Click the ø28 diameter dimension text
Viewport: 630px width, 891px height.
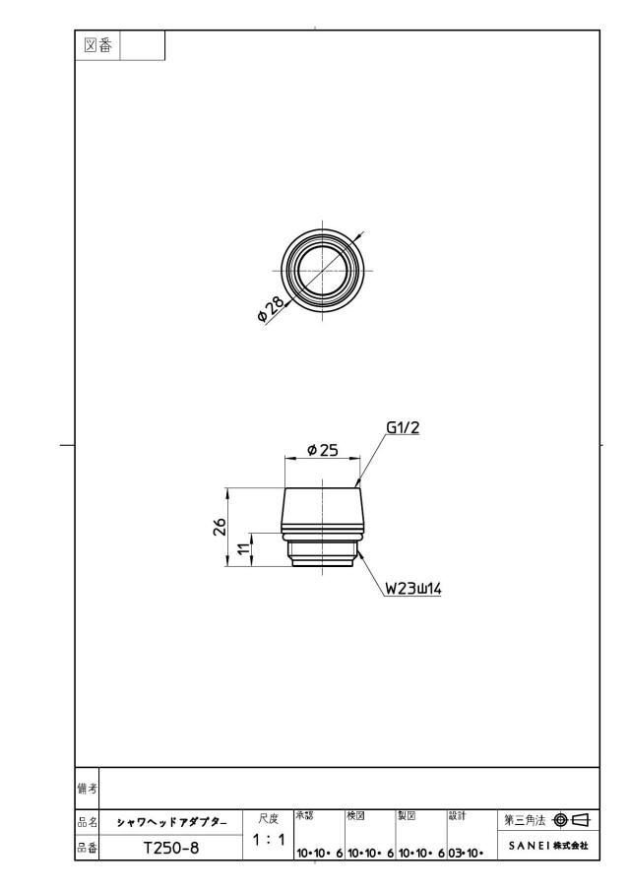[271, 308]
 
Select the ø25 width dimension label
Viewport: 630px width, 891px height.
[322, 450]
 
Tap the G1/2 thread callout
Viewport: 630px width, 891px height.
[403, 427]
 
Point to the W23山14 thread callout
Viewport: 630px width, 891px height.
[413, 588]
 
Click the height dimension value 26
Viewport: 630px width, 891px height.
[220, 527]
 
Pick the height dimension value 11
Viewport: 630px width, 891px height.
[242, 549]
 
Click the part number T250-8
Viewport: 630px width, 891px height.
[171, 848]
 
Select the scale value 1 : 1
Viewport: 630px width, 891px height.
[268, 839]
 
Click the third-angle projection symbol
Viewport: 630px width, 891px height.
[572, 820]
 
